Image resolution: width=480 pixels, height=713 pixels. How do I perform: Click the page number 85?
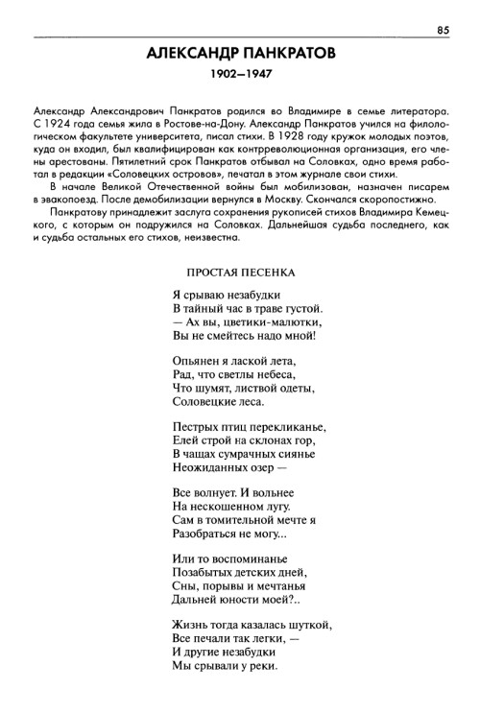pos(443,30)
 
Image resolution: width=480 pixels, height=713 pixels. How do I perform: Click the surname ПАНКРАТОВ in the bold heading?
pos(285,55)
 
